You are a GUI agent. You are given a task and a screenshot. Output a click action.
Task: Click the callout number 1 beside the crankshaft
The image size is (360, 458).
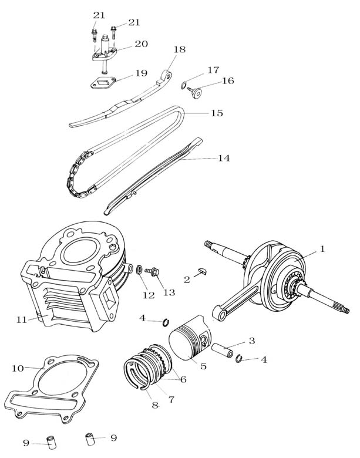(x=322, y=249)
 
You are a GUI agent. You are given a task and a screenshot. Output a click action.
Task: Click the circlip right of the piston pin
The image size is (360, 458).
(x=239, y=358)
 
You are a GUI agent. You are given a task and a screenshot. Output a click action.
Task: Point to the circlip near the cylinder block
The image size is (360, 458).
(x=166, y=322)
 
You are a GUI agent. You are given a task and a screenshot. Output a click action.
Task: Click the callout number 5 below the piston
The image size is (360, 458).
(x=203, y=366)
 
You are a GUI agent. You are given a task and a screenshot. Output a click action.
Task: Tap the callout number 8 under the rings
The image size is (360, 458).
(x=155, y=405)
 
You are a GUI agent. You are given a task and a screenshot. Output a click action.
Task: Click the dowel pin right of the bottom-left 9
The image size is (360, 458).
(x=52, y=444)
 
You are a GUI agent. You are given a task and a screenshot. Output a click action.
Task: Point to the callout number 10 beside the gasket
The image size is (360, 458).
(x=18, y=368)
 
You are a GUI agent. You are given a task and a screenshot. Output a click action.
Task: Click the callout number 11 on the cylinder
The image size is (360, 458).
(x=22, y=319)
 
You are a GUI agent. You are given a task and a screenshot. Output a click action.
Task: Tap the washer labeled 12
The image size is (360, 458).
(x=140, y=269)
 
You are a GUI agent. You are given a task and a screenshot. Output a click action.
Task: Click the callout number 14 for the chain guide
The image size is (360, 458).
(x=224, y=158)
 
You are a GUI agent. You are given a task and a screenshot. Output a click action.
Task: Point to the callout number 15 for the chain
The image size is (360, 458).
(x=217, y=113)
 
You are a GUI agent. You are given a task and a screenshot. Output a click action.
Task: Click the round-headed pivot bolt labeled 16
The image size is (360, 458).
(x=195, y=92)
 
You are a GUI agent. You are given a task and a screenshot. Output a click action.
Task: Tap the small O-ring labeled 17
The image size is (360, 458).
(x=184, y=85)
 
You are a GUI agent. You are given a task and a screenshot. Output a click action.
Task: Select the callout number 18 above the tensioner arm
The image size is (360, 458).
(x=180, y=50)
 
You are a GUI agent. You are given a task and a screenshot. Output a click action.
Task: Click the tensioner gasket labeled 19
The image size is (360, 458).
(x=103, y=83)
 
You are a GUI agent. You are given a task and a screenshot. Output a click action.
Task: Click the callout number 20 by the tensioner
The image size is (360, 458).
(x=141, y=44)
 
